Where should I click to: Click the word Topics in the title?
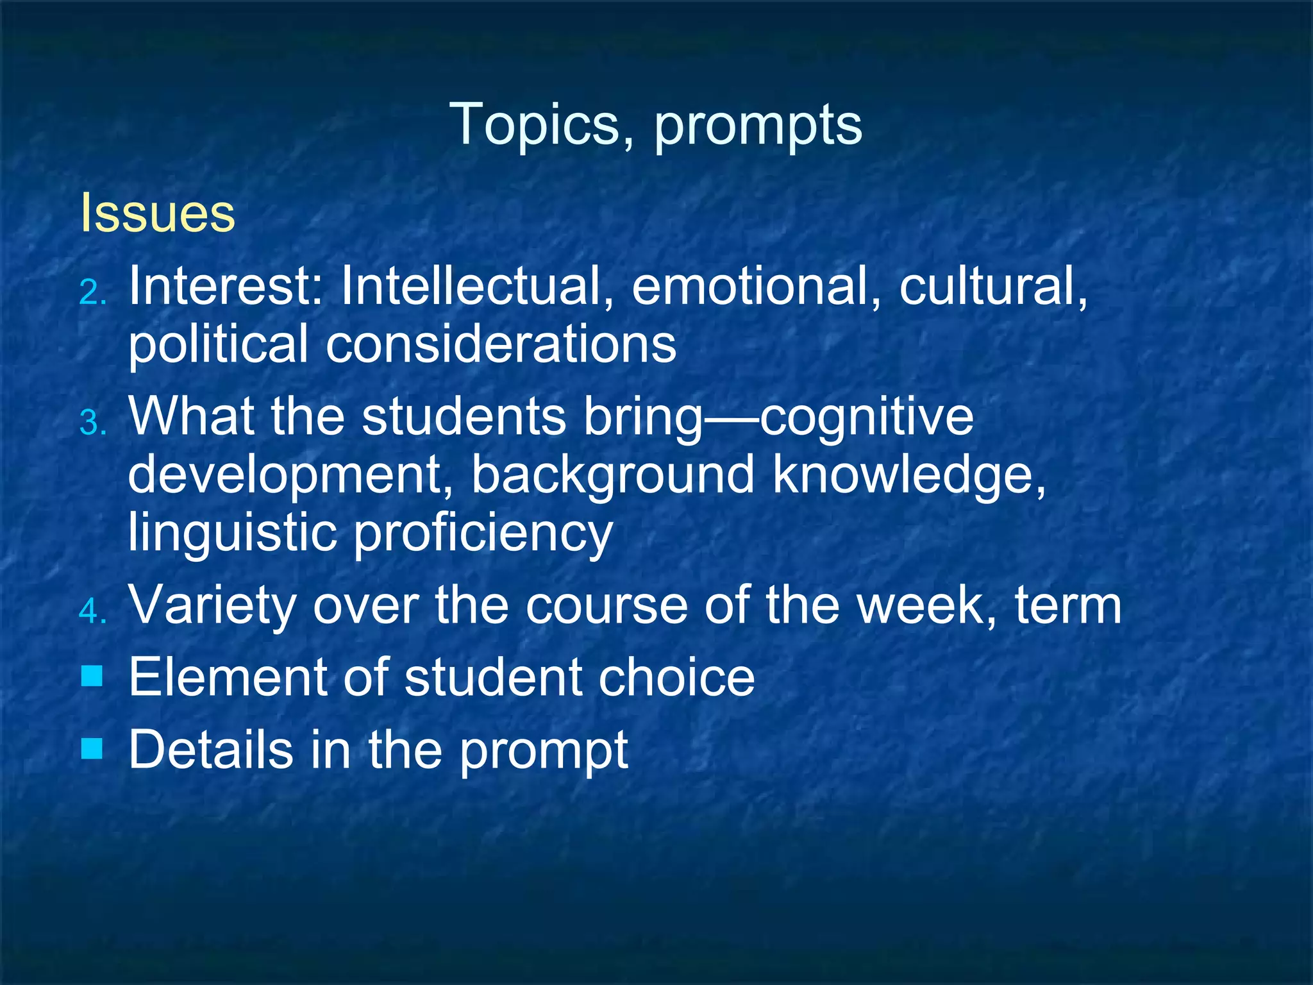542,125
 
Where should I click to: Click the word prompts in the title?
758,126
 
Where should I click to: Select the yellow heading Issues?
158,213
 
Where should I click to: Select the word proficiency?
483,534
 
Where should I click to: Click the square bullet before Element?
92,676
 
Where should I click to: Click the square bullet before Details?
92,748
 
